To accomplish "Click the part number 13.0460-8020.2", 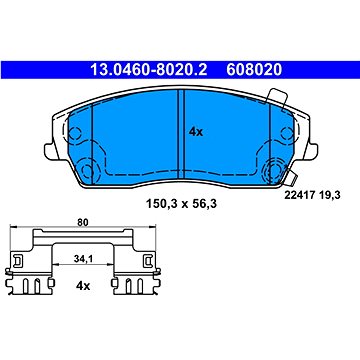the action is click(149, 70).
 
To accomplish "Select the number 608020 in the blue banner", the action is click(254, 70).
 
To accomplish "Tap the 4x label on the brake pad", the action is click(196, 132).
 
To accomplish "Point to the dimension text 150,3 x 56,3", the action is click(181, 204).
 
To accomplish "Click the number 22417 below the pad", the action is click(299, 196).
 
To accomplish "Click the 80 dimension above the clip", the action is click(83, 223).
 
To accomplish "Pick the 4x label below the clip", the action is click(83, 286).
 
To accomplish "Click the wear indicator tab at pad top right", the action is click(277, 99).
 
